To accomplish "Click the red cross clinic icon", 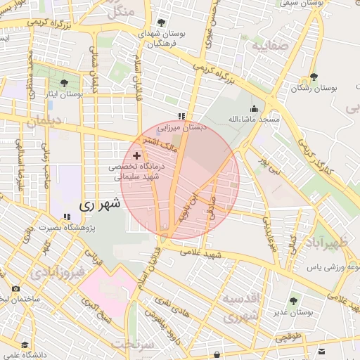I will tap(136, 154).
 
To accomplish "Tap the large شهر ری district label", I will tap(100, 205).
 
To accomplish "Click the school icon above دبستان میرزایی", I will tap(181, 117).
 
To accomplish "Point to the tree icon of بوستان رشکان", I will tap(313, 78).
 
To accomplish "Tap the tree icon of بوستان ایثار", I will tap(65, 83).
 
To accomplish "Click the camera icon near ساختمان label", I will tap(16, 289).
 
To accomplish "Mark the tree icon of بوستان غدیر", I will tap(293, 301).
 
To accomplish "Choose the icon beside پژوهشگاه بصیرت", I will tap(67, 217).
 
